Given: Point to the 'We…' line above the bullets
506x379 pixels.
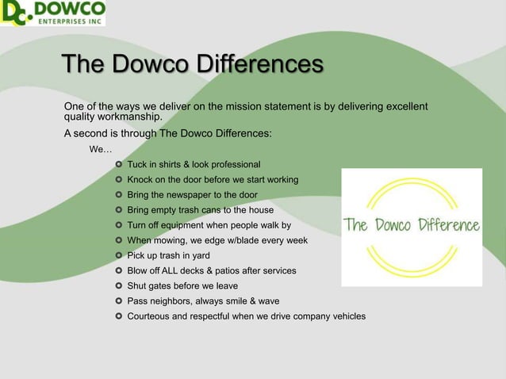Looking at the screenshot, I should pyautogui.click(x=101, y=149).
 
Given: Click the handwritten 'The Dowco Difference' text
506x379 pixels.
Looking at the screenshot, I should pyautogui.click(x=412, y=227).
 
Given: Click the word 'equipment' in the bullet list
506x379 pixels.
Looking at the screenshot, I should pyautogui.click(x=184, y=225).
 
